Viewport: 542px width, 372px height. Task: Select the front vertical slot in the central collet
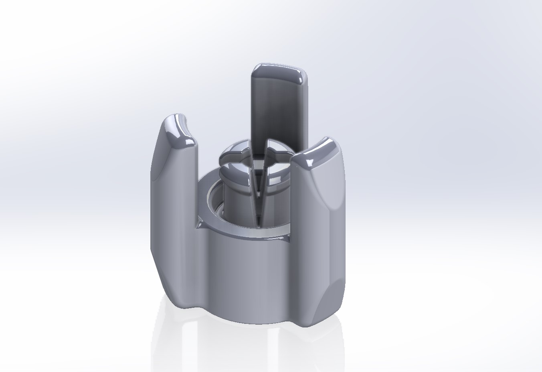point(257,189)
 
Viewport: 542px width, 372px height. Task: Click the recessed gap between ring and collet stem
point(214,201)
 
